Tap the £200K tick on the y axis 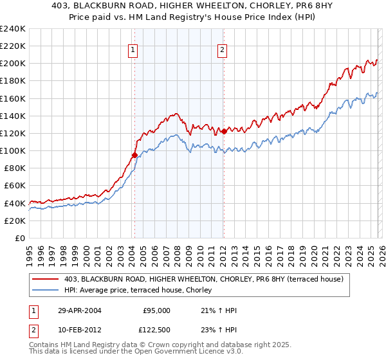pyautogui.click(x=12, y=64)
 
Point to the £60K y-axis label pyautogui.click(x=14, y=185)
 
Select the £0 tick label pyautogui.click(x=19, y=238)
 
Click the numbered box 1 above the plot pyautogui.click(x=133, y=50)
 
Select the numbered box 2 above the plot pyautogui.click(x=222, y=50)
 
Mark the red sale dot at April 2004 pyautogui.click(x=134, y=155)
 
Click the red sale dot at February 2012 pyautogui.click(x=223, y=131)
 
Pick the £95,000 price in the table pyautogui.click(x=156, y=310)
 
